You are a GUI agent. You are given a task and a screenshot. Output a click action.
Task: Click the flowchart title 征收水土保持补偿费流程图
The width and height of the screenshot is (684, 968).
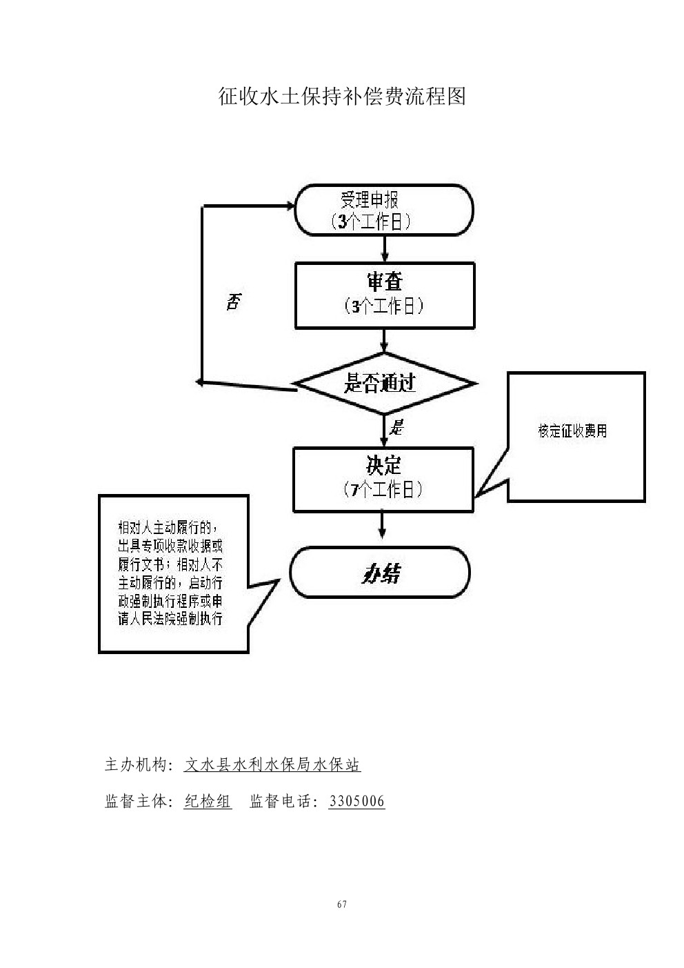(x=342, y=96)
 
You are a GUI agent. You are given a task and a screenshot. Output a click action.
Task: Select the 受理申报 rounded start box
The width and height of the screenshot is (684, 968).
(x=384, y=210)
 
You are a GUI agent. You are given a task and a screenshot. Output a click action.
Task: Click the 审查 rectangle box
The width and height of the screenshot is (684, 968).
(x=384, y=295)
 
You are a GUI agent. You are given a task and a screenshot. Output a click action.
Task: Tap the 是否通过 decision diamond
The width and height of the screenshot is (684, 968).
(x=384, y=384)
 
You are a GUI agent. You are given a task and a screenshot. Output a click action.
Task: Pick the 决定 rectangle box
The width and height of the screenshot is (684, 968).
(x=383, y=480)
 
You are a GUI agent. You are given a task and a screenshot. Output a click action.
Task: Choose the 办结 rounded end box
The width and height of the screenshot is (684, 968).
(x=380, y=573)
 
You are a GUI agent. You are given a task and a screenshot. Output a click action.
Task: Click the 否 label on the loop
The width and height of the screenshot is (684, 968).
(x=234, y=302)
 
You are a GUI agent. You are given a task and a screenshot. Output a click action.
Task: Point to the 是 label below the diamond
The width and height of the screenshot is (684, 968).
(x=396, y=427)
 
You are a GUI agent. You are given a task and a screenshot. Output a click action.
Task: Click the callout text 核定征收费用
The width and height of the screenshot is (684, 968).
(x=572, y=432)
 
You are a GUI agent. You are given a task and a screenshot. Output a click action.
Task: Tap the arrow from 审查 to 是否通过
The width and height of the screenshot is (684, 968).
(x=384, y=340)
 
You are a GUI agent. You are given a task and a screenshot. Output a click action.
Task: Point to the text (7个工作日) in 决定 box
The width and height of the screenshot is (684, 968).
(x=383, y=491)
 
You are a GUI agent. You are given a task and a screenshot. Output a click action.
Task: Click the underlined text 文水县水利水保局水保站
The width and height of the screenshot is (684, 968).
(x=272, y=765)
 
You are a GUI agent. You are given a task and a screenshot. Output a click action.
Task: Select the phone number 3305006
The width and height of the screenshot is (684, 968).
(x=356, y=802)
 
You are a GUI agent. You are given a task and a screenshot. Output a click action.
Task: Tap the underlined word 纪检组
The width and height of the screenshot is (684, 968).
(x=208, y=802)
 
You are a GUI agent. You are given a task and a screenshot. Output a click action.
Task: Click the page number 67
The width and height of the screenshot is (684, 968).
(x=342, y=905)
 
